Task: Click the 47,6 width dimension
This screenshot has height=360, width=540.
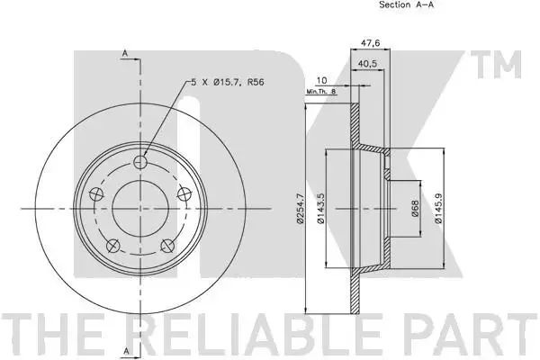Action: [370, 43]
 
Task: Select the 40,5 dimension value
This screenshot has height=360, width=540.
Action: [367, 63]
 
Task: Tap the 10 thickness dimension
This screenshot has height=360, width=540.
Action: [321, 81]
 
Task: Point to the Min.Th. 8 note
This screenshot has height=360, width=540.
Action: [320, 91]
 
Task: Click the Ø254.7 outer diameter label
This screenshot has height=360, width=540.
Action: [300, 209]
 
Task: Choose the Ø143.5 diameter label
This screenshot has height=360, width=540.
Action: [320, 208]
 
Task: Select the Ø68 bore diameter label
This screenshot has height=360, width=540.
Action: [415, 209]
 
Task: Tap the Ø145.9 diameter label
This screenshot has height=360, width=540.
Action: [438, 208]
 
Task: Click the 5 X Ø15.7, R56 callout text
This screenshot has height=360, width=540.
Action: [228, 82]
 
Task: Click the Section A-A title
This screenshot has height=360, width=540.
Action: [407, 4]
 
